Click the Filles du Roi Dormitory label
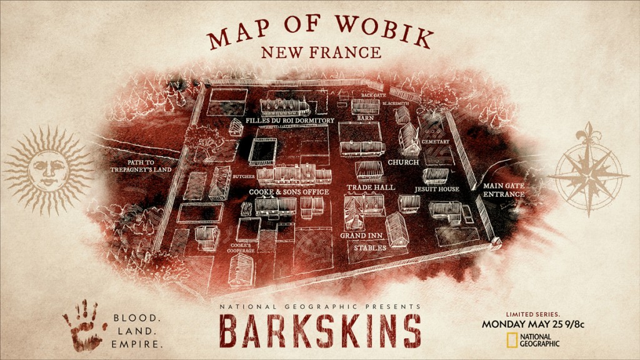click(x=290, y=120)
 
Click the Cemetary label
click(x=436, y=142)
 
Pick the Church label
click(x=402, y=162)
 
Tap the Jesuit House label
click(x=437, y=189)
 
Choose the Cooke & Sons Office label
click(x=289, y=191)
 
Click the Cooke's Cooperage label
click(x=243, y=247)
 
